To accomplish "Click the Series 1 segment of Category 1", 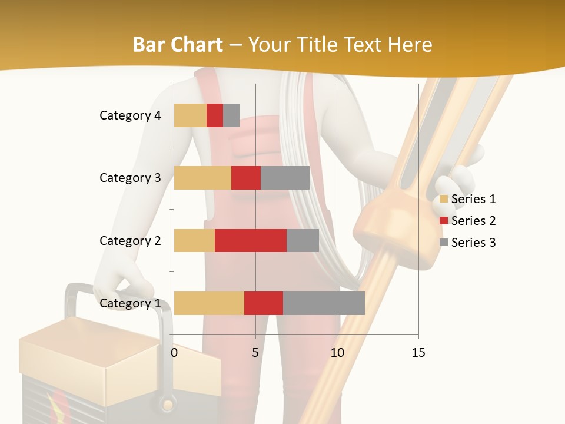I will click(209, 303).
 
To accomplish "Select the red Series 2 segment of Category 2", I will click(251, 240).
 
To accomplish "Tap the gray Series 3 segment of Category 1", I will click(324, 303).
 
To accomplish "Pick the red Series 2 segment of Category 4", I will click(215, 115).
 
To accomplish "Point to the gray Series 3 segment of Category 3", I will click(285, 178).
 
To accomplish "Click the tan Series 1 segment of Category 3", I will click(202, 178).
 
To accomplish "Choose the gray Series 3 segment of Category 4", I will click(231, 115).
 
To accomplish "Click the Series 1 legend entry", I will click(468, 199).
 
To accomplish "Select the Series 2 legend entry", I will click(468, 221).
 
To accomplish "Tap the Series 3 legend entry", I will click(468, 243).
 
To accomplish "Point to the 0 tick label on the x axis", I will click(174, 353).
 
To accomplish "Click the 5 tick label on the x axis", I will click(255, 353).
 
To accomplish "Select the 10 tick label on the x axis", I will click(337, 353).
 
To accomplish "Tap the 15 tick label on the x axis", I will click(418, 353).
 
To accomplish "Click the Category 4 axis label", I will click(130, 115).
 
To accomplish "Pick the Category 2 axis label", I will click(130, 240).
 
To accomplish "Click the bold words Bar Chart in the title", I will click(178, 44).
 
